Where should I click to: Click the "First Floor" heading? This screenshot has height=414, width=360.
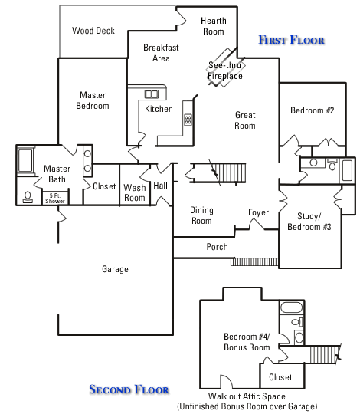(291, 40)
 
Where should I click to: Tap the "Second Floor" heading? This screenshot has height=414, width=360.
(129, 389)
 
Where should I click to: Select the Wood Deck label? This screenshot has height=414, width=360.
(93, 31)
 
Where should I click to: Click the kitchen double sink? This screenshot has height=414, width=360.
(152, 94)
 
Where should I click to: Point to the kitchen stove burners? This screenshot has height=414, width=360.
(188, 120)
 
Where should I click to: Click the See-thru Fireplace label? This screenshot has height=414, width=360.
(225, 71)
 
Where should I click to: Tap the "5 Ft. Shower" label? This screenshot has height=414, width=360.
(55, 199)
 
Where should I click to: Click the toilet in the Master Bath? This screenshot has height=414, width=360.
(28, 197)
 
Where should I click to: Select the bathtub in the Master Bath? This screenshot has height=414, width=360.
(25, 160)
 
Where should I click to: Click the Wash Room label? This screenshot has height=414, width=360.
(135, 192)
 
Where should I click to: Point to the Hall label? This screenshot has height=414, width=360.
(160, 186)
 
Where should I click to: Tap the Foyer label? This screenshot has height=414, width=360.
(258, 212)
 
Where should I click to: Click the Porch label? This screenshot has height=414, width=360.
(217, 247)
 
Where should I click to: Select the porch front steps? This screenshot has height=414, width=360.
(254, 261)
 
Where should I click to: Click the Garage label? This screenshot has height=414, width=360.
(115, 269)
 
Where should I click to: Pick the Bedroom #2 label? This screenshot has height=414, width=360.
(313, 110)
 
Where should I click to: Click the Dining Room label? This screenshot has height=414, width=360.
(201, 215)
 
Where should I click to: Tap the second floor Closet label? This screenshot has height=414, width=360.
(280, 377)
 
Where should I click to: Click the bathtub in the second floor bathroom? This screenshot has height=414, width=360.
(291, 308)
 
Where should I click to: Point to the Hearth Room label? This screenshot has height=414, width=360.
(214, 26)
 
